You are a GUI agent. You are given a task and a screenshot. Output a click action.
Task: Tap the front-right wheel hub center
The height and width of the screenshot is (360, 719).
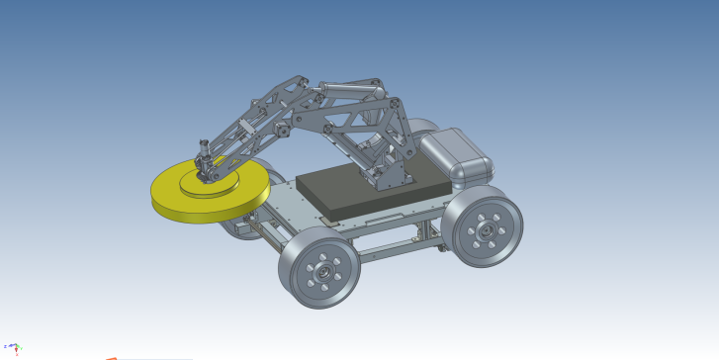pos(486,229)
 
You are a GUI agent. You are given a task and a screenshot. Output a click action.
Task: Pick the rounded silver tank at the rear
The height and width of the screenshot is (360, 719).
pos(454,155)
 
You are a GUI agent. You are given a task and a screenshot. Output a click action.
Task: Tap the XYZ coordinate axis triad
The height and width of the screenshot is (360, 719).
pos(9,347)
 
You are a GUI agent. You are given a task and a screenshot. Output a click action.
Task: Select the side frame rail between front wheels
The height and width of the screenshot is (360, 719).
pos(396,247)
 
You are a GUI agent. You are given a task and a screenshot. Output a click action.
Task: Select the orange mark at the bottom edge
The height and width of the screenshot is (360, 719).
pos(112,358)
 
